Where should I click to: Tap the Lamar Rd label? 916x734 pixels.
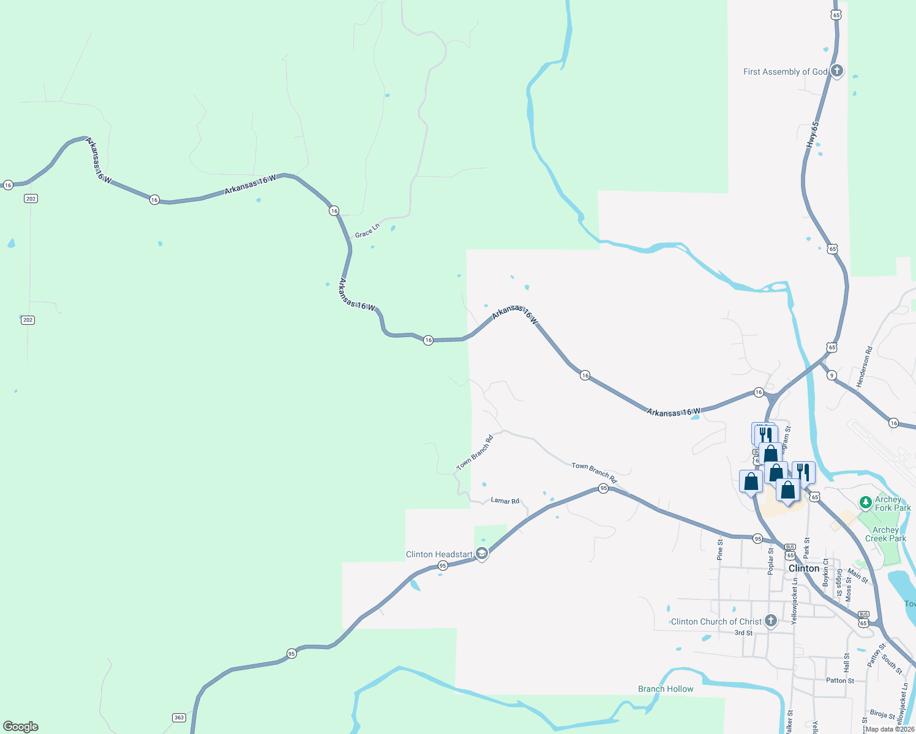(505, 500)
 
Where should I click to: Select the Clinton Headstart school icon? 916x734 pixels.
(482, 554)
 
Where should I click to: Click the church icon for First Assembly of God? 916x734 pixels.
(837, 71)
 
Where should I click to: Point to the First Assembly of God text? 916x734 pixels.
(785, 72)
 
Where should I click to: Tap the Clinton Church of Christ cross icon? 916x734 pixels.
(771, 621)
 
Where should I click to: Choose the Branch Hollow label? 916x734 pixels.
(666, 689)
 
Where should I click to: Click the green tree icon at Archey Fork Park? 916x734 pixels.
(865, 503)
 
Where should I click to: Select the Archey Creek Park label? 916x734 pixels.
(885, 534)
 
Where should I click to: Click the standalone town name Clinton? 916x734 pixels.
(804, 568)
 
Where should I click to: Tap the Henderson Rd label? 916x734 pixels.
(864, 367)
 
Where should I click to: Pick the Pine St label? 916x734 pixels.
(720, 549)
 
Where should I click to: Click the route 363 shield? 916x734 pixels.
(179, 717)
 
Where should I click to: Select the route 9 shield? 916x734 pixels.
(832, 375)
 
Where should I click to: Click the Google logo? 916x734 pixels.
(21, 727)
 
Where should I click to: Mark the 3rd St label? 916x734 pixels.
(743, 633)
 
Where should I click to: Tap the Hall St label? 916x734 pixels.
(847, 661)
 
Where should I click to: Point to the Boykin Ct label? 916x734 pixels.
(825, 573)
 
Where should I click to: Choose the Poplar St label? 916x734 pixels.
(771, 561)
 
